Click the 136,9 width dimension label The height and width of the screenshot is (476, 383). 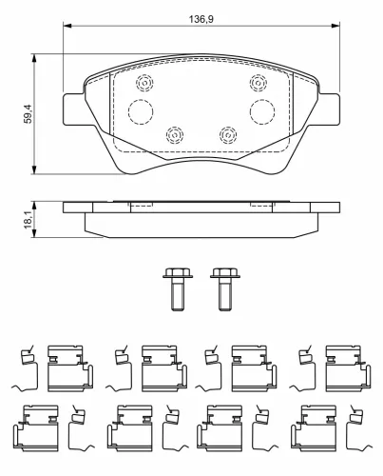pyautogui.click(x=201, y=19)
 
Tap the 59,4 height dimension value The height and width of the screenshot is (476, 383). pyautogui.click(x=29, y=114)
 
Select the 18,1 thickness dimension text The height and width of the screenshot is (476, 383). pyautogui.click(x=29, y=220)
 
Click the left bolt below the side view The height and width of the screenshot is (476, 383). pyautogui.click(x=178, y=288)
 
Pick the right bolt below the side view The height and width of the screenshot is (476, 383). pyautogui.click(x=225, y=288)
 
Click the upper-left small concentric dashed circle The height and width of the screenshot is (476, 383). pyautogui.click(x=144, y=83)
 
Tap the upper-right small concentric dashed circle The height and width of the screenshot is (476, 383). pyautogui.click(x=259, y=83)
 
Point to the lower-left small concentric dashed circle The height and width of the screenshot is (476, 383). pyautogui.click(x=175, y=135)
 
